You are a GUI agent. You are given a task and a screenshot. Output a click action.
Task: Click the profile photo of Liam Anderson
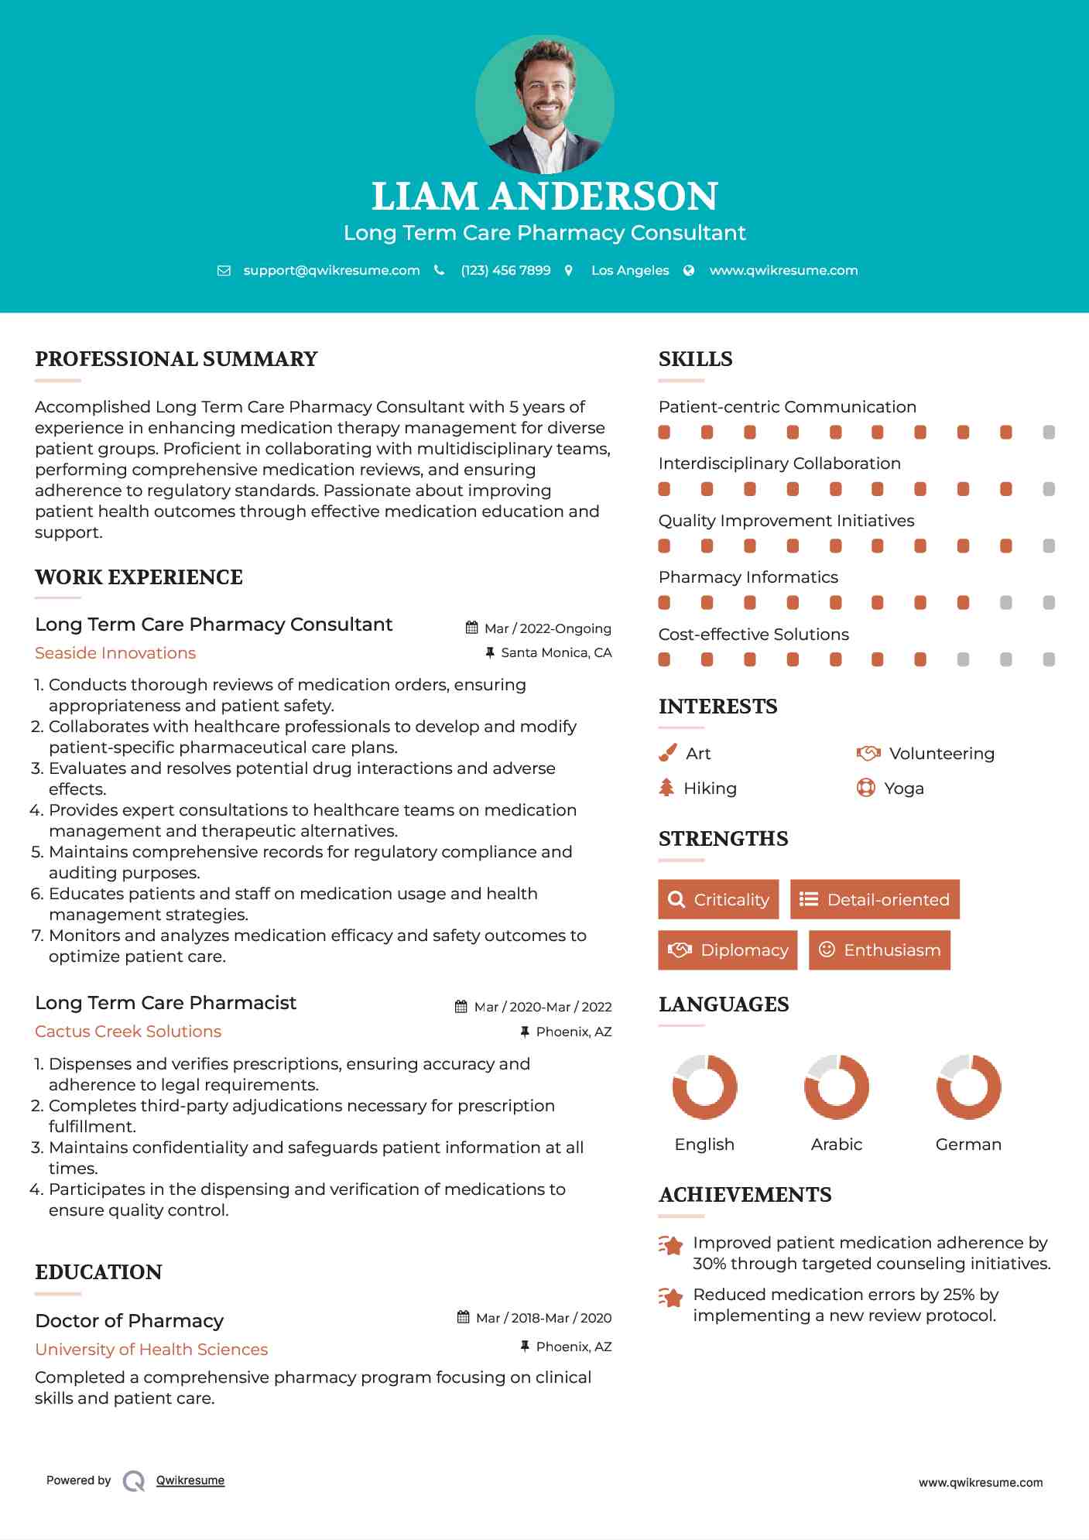(544, 104)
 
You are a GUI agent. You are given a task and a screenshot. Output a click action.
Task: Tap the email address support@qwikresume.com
(331, 270)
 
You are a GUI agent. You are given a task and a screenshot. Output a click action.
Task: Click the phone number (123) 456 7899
(505, 270)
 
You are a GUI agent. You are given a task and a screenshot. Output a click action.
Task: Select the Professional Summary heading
(176, 359)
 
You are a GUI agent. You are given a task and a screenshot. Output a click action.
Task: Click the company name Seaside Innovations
(115, 653)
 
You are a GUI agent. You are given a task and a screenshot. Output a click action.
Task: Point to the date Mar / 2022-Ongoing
(547, 628)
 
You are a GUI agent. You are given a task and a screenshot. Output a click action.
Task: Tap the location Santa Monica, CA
(556, 652)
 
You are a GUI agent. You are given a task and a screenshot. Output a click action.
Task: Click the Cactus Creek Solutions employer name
(128, 1032)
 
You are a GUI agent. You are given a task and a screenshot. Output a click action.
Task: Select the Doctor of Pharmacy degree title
(129, 1320)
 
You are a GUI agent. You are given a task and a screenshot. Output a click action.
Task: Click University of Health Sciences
(151, 1350)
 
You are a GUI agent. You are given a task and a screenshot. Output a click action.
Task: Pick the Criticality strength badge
(718, 899)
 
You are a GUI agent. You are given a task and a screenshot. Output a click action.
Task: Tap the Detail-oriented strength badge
(875, 899)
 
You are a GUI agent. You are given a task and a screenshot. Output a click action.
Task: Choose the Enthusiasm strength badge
(879, 950)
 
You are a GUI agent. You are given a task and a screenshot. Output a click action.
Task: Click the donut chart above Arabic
(837, 1087)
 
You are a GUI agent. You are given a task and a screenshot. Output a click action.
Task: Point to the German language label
(968, 1144)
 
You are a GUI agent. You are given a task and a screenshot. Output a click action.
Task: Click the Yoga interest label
(904, 789)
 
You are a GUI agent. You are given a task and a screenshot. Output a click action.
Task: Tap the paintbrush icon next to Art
(667, 753)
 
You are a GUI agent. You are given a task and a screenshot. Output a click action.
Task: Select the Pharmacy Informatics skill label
(748, 577)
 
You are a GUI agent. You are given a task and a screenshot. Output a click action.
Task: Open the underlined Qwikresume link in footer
(190, 1480)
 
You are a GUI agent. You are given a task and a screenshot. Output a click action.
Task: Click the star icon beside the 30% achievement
(671, 1245)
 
